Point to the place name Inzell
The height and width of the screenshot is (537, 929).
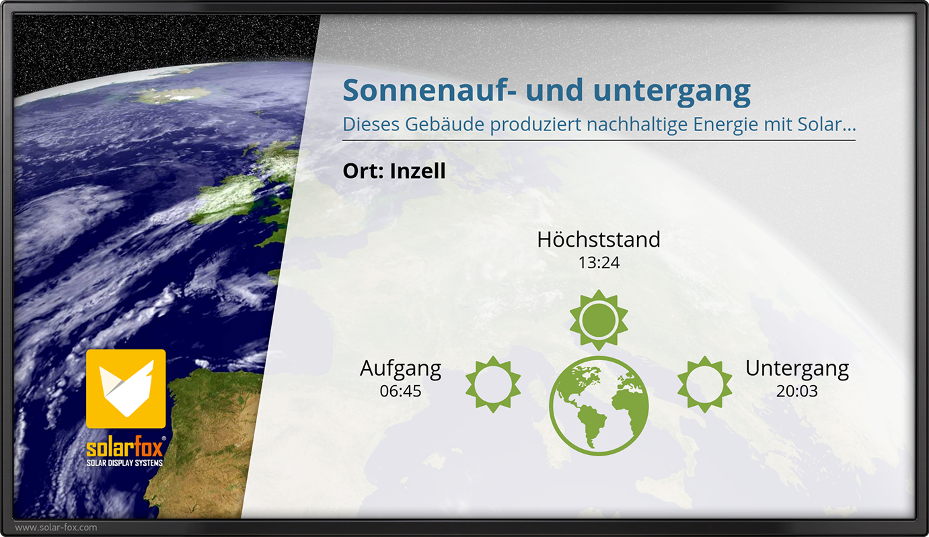pos(418,171)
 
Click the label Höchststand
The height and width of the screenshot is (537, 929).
pos(599,239)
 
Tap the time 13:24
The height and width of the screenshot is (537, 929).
pos(599,263)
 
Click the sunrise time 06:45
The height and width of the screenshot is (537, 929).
pos(401,391)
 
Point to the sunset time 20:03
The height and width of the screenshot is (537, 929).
pos(797,391)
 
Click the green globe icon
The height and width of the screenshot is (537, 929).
pos(599,406)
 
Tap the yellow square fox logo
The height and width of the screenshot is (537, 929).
pos(126,388)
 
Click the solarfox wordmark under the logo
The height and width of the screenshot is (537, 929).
pos(125,447)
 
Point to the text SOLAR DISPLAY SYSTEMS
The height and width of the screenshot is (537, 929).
pos(124,463)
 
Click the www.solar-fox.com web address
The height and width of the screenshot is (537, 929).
pos(56,528)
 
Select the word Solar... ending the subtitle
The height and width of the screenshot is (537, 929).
pos(827,124)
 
